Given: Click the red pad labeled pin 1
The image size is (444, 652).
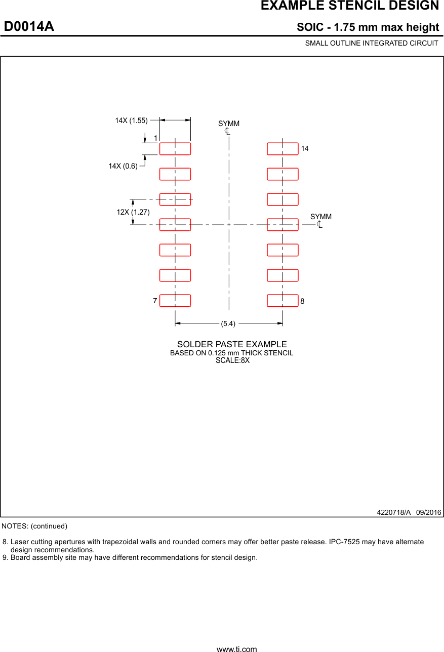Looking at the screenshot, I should [x=175, y=149].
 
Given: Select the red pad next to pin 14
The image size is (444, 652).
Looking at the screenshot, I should [x=282, y=149].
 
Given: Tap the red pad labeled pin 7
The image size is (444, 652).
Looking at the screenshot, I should [x=175, y=301].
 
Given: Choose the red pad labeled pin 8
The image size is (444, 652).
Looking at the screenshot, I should [x=282, y=301].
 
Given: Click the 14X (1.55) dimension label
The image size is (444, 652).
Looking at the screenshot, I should [x=131, y=120].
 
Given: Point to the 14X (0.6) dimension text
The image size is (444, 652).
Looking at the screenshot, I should [x=123, y=166].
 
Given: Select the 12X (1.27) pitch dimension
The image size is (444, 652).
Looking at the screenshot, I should [x=133, y=212].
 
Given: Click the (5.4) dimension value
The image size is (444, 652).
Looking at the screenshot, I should [x=228, y=323].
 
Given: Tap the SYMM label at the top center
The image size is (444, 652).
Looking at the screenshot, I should [x=229, y=124].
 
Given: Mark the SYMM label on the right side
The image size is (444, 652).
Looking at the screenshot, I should [x=321, y=217].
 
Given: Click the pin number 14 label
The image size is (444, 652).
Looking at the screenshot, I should [x=305, y=149].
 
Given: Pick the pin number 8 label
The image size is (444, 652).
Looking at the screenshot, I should [x=302, y=301].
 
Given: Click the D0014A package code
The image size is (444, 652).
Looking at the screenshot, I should [x=29, y=27].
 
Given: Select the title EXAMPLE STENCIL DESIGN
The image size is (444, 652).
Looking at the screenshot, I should [x=349, y=6].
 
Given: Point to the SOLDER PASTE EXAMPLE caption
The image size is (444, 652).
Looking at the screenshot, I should [x=232, y=344].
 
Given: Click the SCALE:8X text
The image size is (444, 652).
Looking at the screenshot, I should [x=232, y=360].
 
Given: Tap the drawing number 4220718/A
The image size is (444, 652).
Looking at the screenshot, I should [x=394, y=512].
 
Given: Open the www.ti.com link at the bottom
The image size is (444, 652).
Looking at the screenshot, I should [x=236, y=648].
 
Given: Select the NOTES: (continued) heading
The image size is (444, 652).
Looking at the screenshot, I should [x=34, y=526].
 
